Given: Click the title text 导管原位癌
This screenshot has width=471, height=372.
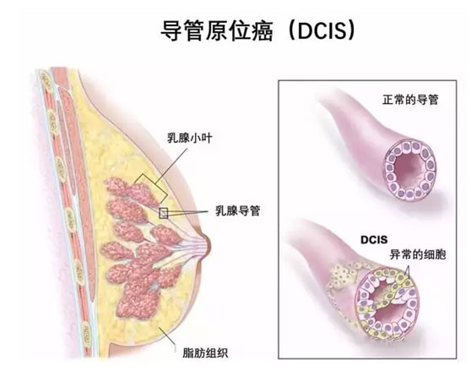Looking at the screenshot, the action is (x=217, y=31).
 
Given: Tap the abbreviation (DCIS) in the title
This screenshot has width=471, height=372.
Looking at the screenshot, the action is (x=321, y=30).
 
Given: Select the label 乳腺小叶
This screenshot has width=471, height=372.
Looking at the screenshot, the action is (x=190, y=139).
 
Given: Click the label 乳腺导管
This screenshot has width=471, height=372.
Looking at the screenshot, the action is (x=238, y=211).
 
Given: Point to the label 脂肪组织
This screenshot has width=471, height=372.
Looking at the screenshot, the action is (x=205, y=353).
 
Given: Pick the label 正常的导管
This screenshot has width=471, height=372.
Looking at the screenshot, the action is (x=410, y=100).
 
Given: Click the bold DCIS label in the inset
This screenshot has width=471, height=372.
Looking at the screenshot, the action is (x=374, y=240).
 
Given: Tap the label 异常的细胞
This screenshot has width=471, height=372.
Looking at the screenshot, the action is (x=418, y=254).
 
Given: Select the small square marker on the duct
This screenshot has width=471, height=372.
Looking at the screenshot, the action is (x=163, y=213).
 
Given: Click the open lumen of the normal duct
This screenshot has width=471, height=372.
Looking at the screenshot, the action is (x=409, y=169).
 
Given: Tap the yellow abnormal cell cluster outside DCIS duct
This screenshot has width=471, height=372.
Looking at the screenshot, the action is (x=344, y=275).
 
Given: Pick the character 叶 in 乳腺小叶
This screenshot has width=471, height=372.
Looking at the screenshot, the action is (x=207, y=139).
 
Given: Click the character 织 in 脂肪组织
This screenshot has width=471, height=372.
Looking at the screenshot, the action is (x=223, y=353).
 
